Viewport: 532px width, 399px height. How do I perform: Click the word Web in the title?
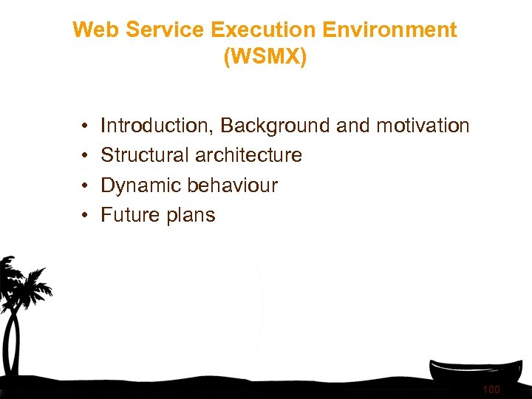tap(94, 30)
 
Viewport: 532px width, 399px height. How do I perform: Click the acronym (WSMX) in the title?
tap(265, 58)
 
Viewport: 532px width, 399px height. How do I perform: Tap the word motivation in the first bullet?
tap(423, 126)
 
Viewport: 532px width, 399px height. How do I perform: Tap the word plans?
tap(190, 215)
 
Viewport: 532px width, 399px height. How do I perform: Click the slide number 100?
tap(491, 389)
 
